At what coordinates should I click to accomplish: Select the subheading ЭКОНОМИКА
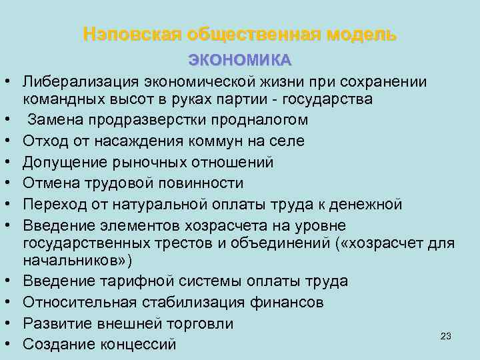click(240, 60)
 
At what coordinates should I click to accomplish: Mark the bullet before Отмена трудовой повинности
click(13, 183)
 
